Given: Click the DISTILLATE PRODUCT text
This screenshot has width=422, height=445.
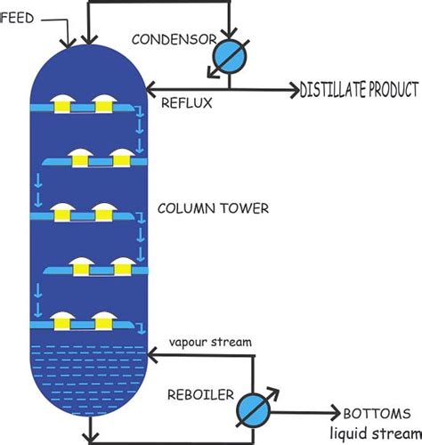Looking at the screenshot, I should (359, 90).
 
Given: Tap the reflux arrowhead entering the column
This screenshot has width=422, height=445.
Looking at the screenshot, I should (150, 89).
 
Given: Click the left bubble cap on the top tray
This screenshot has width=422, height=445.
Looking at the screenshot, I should (63, 102).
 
